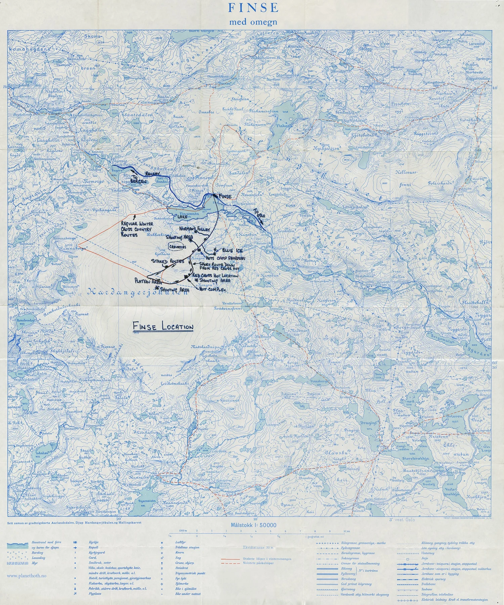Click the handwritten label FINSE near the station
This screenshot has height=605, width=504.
click(x=225, y=196)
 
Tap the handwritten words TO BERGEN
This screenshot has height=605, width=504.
click(x=139, y=179)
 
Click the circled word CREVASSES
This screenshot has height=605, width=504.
click(x=178, y=247)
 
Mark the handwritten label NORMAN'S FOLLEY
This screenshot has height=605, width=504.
click(x=195, y=229)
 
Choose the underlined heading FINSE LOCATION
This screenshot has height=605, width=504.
click(x=163, y=327)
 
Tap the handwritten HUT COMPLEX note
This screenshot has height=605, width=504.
click(x=213, y=289)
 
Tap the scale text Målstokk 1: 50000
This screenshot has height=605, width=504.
click(x=253, y=525)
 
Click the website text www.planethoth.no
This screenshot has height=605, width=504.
click(x=27, y=575)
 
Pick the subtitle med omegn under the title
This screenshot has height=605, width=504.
click(x=253, y=22)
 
